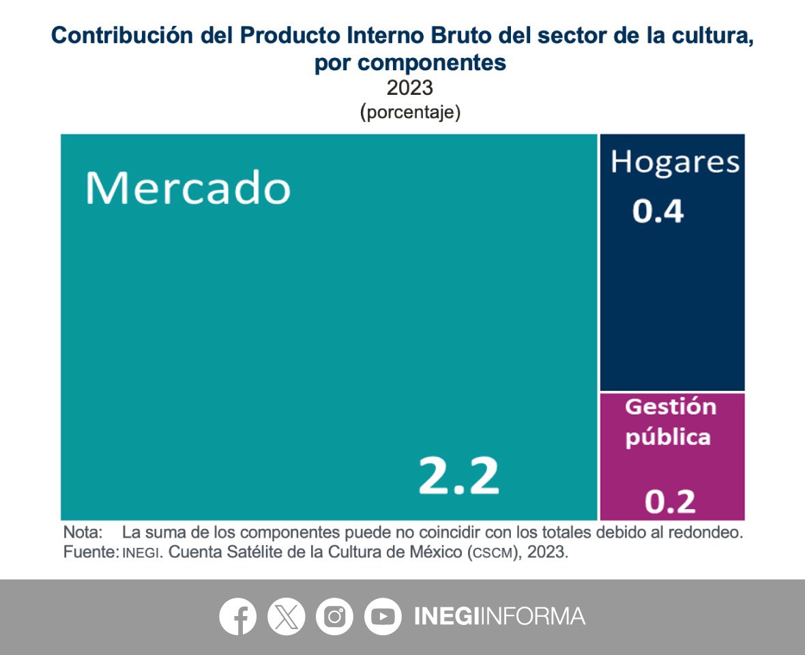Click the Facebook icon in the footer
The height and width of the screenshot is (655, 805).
[x=238, y=617]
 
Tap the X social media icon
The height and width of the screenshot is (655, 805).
[x=287, y=617]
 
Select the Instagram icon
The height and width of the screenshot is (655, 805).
[x=334, y=617]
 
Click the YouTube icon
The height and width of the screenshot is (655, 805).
[x=383, y=617]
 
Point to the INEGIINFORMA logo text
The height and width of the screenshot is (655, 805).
[x=499, y=616]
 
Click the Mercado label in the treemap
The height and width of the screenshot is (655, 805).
[x=188, y=188]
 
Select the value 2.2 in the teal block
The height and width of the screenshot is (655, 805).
[x=458, y=476]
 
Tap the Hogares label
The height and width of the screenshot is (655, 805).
[x=675, y=162]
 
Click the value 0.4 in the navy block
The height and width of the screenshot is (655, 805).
[x=658, y=212]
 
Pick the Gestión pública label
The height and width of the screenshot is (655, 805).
[x=671, y=422]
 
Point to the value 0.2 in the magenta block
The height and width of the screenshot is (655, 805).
[x=671, y=502]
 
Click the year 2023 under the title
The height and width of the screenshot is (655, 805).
[x=410, y=88]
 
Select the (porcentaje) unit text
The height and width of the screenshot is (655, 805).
[x=410, y=113]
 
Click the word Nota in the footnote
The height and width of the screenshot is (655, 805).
[x=83, y=532]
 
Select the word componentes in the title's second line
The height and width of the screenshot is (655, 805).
[x=431, y=63]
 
